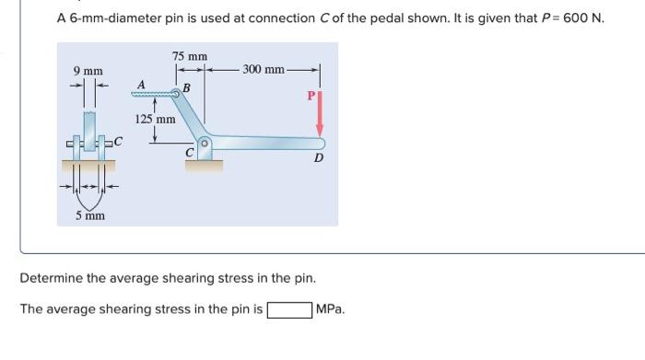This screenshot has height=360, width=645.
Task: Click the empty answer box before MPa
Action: click(289, 310)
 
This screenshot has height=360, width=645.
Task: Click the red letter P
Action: click(311, 96)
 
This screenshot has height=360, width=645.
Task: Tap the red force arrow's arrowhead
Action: click(320, 131)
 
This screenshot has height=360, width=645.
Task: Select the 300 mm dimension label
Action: click(264, 69)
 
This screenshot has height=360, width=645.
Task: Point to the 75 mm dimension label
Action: click(190, 56)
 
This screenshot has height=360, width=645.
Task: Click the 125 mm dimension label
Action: click(155, 119)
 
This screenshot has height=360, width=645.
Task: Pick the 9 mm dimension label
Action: click(88, 71)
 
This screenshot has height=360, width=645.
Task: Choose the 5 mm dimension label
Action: click(90, 215)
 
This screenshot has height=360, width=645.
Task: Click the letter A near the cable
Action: click(141, 85)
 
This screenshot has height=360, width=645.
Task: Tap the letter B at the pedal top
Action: click(186, 88)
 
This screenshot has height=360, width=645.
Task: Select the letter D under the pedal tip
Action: click(319, 157)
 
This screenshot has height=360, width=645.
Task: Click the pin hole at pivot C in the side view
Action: click(205, 144)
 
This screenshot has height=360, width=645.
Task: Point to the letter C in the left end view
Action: click(118, 142)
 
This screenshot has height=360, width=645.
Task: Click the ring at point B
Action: click(176, 94)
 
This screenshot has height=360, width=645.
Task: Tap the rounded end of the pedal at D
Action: click(321, 144)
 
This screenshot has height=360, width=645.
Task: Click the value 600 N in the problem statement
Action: click(582, 18)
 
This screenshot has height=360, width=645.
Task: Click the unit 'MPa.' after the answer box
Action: click(330, 309)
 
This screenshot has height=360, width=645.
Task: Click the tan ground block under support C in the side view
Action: click(204, 166)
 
